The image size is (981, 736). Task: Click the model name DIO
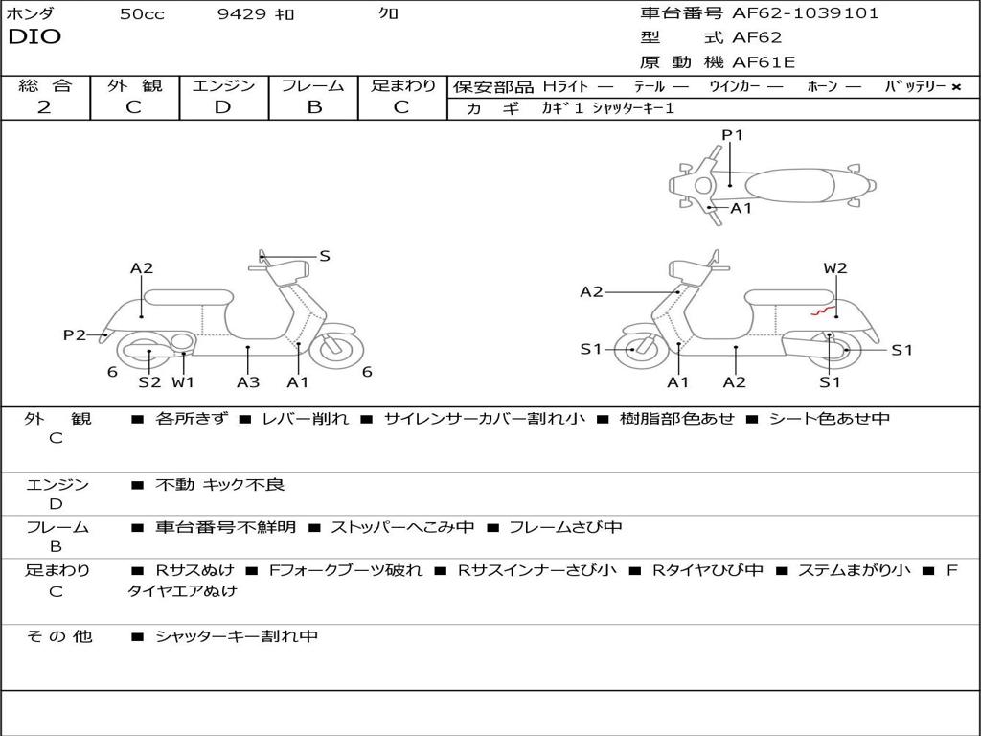point(34,37)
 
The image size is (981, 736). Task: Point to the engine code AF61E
point(764,63)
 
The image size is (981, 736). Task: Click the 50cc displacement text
point(142,14)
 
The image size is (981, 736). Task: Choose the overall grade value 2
point(44,107)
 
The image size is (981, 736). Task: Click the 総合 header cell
point(45,85)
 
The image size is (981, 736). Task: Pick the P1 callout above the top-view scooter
point(732,135)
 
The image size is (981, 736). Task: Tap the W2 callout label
point(835,268)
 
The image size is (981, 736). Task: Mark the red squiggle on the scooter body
point(820,310)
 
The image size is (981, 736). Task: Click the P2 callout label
point(75,334)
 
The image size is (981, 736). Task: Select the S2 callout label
point(149,382)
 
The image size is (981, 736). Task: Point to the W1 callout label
point(183,382)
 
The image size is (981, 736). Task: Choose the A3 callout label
point(248,382)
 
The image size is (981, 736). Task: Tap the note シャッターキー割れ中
point(236,636)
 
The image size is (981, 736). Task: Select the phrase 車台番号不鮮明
point(225,527)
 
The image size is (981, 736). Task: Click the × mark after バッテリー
point(955,86)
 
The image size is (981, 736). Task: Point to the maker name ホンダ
point(31,14)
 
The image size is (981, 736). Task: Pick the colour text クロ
point(389,14)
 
